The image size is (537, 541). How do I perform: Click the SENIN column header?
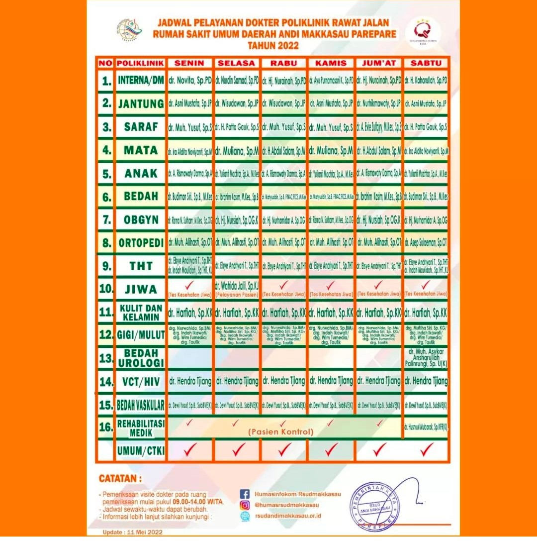click(190, 63)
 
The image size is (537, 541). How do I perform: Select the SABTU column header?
click(426, 63)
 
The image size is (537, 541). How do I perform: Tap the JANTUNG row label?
click(141, 104)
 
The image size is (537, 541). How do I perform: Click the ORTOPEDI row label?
click(141, 243)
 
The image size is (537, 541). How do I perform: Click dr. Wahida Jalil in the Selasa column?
click(237, 286)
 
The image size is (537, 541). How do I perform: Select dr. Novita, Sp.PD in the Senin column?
click(189, 80)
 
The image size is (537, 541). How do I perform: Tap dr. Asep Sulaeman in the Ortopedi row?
click(426, 243)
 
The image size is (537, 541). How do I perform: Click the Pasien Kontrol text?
click(281, 432)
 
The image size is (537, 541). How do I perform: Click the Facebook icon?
click(244, 494)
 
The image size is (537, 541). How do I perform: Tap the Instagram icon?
click(244, 505)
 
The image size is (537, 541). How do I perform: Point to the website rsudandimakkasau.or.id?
click(287, 516)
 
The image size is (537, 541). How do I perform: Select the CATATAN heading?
click(120, 479)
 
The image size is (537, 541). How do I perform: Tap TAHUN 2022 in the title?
click(273, 46)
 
